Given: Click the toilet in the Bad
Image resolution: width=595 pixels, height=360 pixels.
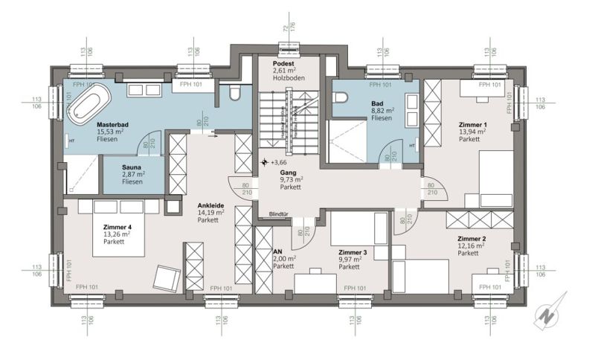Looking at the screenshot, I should pyautogui.click(x=341, y=99).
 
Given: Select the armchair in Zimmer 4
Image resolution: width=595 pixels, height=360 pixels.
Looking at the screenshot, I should pyautogui.click(x=164, y=280).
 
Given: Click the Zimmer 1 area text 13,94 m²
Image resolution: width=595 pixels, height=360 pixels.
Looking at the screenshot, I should pyautogui.click(x=472, y=132).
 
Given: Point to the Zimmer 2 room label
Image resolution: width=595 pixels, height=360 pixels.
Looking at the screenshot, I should pyautogui.click(x=472, y=239).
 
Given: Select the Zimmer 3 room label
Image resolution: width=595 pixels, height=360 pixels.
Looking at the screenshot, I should pyautogui.click(x=352, y=252).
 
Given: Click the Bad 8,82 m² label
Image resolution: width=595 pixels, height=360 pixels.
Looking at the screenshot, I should pyautogui.click(x=383, y=110).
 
